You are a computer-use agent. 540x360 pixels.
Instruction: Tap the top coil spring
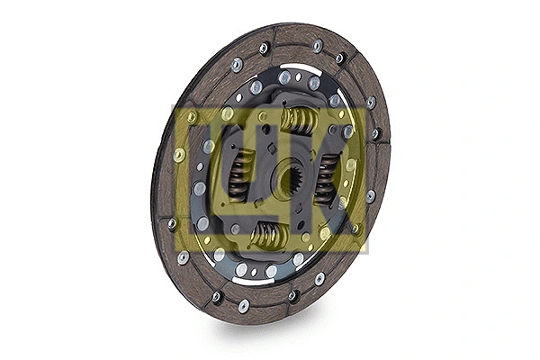[x=298, y=119]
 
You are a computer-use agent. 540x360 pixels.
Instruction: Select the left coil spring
[x=240, y=175]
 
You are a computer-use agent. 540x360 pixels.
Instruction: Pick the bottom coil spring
[x=268, y=236]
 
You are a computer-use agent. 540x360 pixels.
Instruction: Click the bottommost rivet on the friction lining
[x=244, y=306]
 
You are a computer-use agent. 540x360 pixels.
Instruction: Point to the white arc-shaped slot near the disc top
[x=297, y=61]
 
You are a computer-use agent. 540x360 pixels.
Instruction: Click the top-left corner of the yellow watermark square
[x=173, y=106]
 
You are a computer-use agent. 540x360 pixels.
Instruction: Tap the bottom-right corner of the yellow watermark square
[x=367, y=251]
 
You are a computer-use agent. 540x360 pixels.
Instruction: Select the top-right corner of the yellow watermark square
[x=367, y=106]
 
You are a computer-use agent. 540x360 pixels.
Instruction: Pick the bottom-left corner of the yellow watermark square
[x=173, y=251]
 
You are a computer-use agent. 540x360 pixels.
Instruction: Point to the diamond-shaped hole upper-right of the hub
[x=333, y=130]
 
